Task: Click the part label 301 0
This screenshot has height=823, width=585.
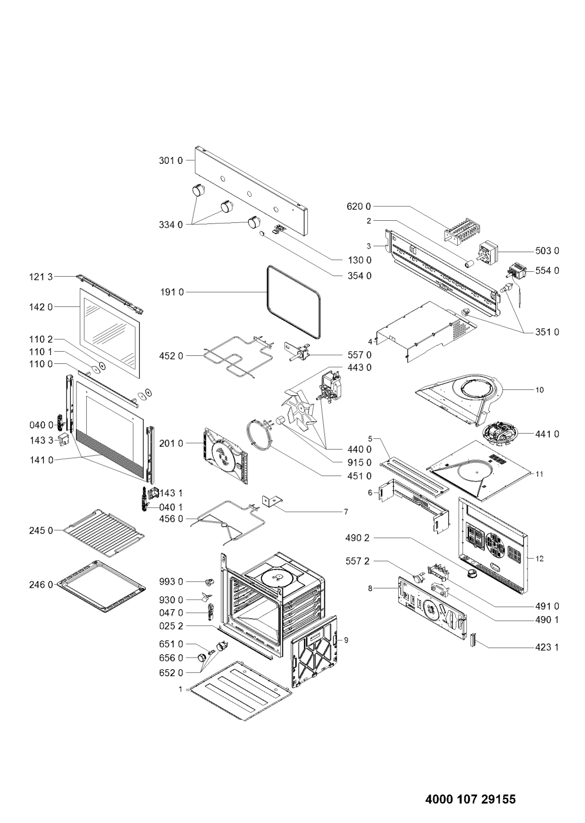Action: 171,161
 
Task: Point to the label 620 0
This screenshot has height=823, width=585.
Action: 359,206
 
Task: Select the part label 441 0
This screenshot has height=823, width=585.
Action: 547,434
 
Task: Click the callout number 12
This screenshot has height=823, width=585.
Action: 539,559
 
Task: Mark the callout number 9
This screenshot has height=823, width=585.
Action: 346,641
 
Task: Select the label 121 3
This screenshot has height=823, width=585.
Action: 41,276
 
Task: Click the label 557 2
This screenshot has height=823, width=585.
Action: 357,561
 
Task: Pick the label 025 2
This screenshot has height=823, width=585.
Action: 171,626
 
